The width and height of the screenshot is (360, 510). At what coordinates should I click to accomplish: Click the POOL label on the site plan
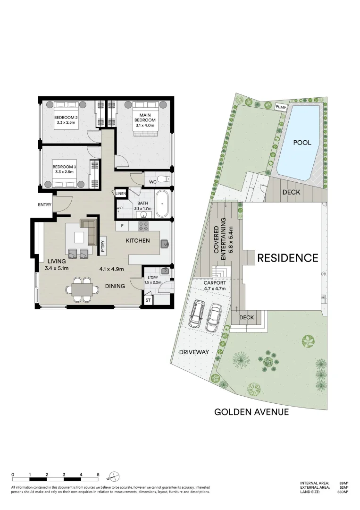tap(302, 142)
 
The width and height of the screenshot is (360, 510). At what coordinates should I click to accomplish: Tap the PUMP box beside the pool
tap(281, 107)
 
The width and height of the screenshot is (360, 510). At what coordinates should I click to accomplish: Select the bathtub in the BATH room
tap(161, 204)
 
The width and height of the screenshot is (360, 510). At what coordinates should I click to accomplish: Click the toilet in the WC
tap(162, 178)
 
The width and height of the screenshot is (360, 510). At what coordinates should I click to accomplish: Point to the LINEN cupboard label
tap(120, 193)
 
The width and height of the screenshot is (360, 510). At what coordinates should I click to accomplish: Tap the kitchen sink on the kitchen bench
tap(165, 244)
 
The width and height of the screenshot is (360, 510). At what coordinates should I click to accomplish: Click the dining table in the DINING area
tap(82, 289)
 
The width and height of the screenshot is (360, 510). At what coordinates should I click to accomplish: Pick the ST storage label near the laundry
tap(148, 300)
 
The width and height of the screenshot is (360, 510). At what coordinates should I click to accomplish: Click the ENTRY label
tap(45, 204)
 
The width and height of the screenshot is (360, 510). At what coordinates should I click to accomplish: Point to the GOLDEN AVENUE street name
tap(251, 412)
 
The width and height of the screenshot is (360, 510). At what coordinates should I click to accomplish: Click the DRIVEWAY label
tap(193, 352)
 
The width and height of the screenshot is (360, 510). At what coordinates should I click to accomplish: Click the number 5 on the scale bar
tap(98, 474)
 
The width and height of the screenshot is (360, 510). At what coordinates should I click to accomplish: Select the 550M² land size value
tap(343, 492)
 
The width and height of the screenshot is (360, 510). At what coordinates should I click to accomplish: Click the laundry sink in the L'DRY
tap(164, 272)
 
